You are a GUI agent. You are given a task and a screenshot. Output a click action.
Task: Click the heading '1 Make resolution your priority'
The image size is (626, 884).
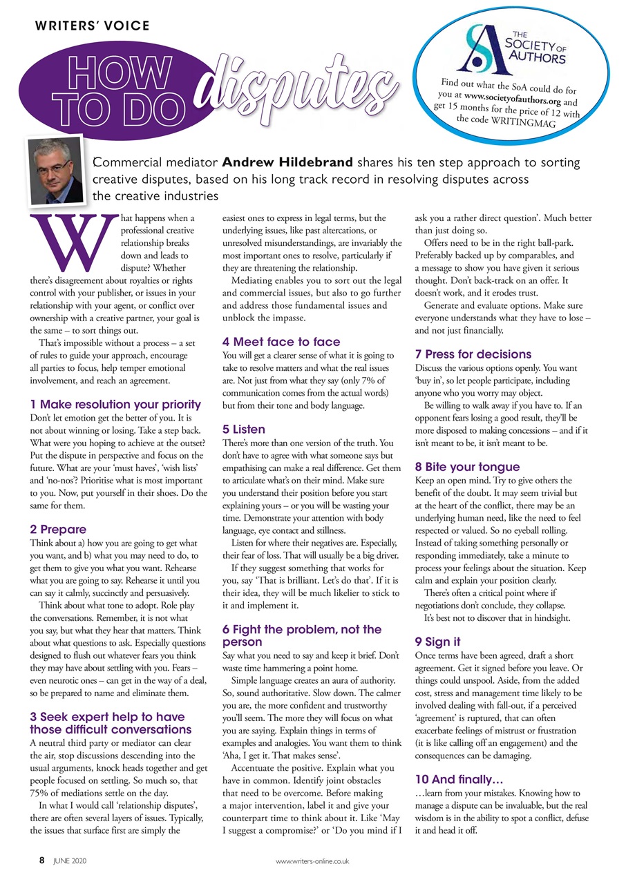click(115, 404)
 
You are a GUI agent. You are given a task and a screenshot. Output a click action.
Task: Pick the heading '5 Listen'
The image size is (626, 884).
click(243, 429)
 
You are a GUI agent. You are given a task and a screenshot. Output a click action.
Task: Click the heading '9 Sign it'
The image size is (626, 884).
click(437, 642)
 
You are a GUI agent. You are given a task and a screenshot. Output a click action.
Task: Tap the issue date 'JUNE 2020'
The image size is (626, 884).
click(70, 861)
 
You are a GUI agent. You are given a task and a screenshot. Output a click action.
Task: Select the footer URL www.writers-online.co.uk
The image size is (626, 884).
click(312, 861)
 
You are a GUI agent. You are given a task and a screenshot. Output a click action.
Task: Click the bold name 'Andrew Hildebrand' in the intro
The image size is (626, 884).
click(288, 164)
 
